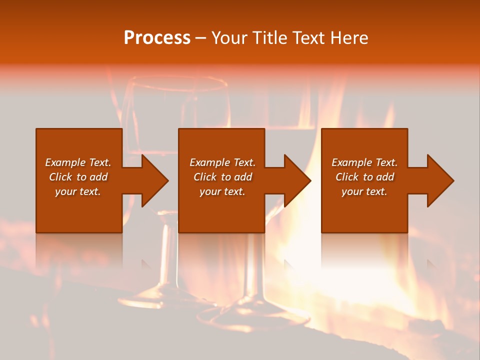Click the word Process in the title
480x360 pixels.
click(157, 38)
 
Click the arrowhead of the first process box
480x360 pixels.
click(153, 180)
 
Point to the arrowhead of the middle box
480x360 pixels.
click(295, 180)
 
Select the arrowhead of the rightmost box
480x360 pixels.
click(438, 180)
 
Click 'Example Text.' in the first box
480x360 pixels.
click(78, 162)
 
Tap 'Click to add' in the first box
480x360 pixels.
click(78, 177)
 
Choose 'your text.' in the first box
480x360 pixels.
click(78, 191)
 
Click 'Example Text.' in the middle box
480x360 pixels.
click(222, 162)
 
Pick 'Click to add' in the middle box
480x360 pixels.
click(222, 177)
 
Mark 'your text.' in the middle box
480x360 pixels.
click(222, 191)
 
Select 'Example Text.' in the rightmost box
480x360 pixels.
click(364, 162)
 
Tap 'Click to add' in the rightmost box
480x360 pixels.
click(364, 177)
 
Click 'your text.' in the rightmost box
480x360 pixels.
click(364, 191)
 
